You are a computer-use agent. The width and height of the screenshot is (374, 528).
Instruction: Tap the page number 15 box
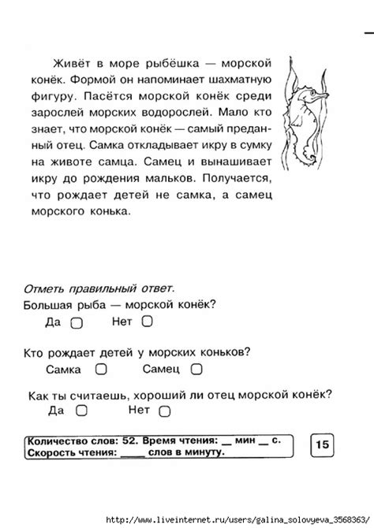(x=323, y=446)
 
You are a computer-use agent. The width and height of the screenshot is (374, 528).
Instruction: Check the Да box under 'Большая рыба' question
(x=77, y=322)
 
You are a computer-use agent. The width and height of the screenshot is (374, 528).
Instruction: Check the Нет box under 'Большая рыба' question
(x=147, y=322)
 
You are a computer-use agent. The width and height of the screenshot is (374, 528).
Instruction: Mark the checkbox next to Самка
(x=101, y=368)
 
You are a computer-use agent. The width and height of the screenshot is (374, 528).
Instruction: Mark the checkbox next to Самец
(x=196, y=368)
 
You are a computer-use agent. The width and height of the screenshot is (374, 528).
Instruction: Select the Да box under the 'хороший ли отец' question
(x=81, y=411)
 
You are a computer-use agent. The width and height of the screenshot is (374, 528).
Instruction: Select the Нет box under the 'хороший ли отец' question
(x=164, y=411)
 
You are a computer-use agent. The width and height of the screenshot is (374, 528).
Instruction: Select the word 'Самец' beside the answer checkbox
(x=161, y=368)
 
